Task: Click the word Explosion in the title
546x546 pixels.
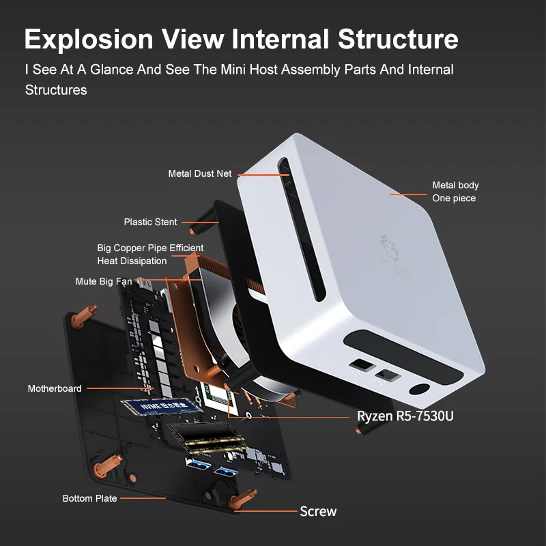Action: pyautogui.click(x=88, y=39)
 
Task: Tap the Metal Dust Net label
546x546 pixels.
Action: pyautogui.click(x=200, y=173)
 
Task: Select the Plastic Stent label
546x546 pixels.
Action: pyautogui.click(x=150, y=222)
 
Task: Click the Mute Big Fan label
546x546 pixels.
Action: pyautogui.click(x=104, y=281)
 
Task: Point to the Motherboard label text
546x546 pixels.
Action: pyautogui.click(x=55, y=388)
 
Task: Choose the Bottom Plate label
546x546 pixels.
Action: pyautogui.click(x=89, y=498)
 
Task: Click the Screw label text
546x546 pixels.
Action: pyautogui.click(x=318, y=511)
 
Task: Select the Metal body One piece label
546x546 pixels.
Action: pyautogui.click(x=455, y=192)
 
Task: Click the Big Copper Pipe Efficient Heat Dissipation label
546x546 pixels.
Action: pyautogui.click(x=150, y=255)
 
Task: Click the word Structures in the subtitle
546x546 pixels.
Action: pyautogui.click(x=56, y=89)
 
